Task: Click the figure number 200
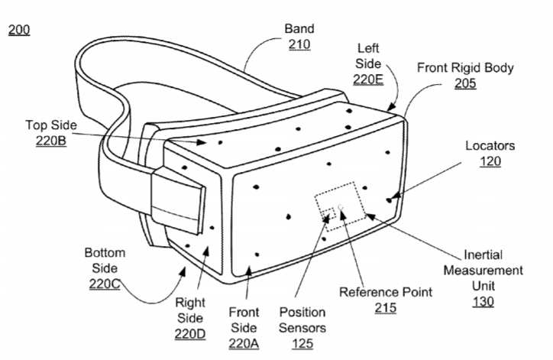[19, 30]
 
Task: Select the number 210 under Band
[299, 44]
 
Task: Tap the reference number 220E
[368, 79]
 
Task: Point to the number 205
[465, 83]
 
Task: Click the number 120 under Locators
[490, 161]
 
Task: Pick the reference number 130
[483, 302]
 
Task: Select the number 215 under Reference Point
[386, 308]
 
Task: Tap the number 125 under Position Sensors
[302, 343]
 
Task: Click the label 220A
[244, 343]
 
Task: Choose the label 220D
[190, 334]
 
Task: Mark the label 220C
[105, 284]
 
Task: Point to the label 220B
[50, 141]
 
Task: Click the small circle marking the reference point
[341, 207]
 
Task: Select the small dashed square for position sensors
[328, 214]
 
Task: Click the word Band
[299, 28]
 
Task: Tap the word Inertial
[483, 255]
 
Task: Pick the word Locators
[490, 145]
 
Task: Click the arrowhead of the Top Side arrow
[202, 142]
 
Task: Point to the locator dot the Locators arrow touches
[389, 200]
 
